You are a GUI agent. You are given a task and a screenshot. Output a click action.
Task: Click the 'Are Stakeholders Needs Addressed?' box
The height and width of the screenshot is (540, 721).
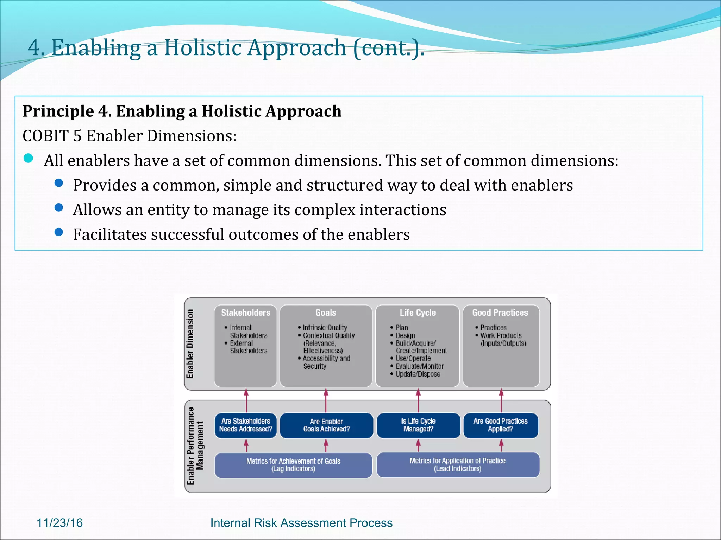click(246, 425)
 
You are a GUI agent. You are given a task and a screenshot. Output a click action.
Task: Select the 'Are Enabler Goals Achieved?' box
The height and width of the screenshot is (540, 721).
click(326, 425)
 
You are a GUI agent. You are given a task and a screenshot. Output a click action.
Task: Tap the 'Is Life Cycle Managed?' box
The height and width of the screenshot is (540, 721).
click(418, 425)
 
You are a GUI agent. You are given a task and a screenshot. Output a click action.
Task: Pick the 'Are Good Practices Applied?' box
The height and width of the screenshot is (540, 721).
click(501, 425)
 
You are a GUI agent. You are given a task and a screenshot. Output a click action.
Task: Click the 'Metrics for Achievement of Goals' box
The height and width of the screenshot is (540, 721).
click(293, 465)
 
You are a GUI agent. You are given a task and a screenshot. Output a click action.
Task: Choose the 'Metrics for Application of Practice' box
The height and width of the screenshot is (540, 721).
click(458, 465)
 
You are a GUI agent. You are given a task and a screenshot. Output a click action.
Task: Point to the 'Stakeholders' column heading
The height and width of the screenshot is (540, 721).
click(245, 313)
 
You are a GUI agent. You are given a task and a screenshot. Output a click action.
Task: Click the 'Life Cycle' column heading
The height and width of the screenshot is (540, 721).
click(418, 313)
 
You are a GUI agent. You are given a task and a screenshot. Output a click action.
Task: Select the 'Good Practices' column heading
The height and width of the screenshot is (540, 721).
click(500, 313)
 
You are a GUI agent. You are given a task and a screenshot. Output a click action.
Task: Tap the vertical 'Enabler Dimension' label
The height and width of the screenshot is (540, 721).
click(190, 343)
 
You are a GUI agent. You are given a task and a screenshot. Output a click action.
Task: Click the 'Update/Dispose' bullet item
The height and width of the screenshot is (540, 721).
click(418, 374)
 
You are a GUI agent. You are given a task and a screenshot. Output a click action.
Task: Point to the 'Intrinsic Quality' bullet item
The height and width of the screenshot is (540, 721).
click(325, 328)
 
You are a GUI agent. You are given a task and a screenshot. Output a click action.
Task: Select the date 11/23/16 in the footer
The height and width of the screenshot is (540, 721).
click(60, 523)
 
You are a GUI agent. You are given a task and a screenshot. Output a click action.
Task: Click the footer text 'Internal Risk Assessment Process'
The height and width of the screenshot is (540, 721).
click(301, 523)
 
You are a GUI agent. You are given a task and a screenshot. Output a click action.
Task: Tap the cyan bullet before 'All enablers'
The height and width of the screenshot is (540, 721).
click(29, 159)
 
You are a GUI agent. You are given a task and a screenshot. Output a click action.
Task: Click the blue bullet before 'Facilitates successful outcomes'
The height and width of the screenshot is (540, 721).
click(59, 232)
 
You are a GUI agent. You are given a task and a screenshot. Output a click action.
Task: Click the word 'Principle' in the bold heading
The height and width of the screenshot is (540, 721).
click(58, 111)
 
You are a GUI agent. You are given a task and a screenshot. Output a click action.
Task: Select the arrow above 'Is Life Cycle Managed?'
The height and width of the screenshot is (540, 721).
click(418, 400)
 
